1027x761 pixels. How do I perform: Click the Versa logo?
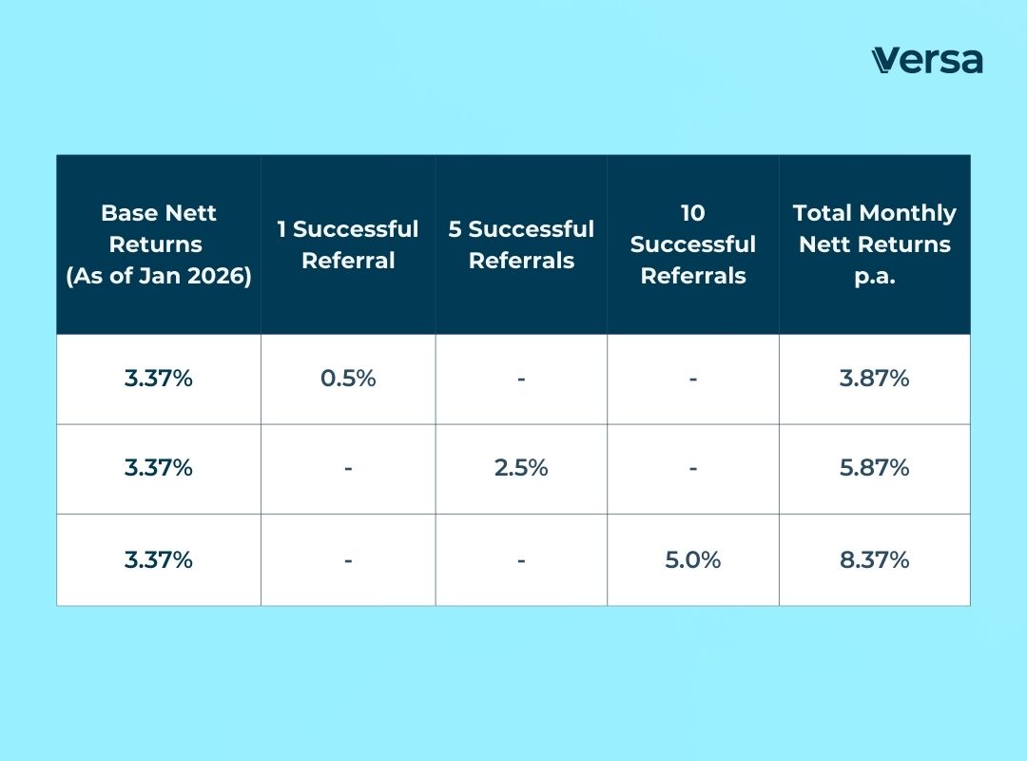click(x=926, y=60)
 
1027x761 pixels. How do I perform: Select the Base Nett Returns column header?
click(x=159, y=244)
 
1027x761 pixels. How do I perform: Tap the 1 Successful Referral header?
click(x=348, y=244)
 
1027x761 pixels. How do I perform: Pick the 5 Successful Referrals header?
click(x=521, y=244)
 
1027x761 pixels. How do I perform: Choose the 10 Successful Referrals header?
click(x=693, y=244)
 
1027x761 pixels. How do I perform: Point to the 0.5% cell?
click(x=348, y=379)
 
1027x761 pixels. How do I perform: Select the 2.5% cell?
click(x=521, y=468)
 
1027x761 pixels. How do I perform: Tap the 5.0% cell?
click(x=693, y=559)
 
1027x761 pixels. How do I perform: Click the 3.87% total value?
click(x=874, y=379)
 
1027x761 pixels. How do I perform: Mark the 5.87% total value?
click(x=874, y=468)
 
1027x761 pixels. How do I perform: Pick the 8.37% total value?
click(x=874, y=559)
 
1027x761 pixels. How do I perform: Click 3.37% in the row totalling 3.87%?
click(x=159, y=379)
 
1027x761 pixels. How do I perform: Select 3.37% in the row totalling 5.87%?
click(x=159, y=468)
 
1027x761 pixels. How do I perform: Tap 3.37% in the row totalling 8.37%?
click(x=159, y=559)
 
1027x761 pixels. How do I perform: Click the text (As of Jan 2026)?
click(x=159, y=277)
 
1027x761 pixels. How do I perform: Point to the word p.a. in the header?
click(x=874, y=276)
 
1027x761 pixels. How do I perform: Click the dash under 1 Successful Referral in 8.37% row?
click(x=348, y=559)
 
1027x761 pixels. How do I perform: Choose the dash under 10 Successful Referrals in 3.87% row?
click(x=693, y=379)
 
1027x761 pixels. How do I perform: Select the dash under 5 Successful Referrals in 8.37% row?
click(x=521, y=559)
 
